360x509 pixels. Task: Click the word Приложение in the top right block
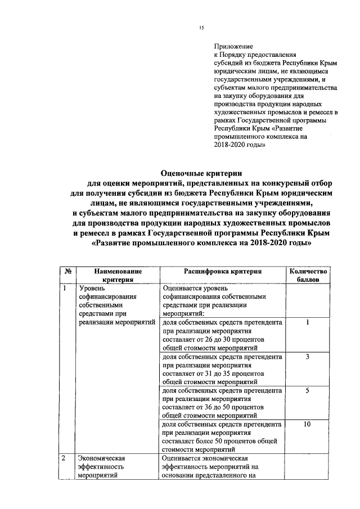tap(234, 46)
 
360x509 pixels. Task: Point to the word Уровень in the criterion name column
tap(92, 290)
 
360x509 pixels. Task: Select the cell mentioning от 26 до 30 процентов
tap(222, 336)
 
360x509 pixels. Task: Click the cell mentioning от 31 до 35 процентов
tap(222, 370)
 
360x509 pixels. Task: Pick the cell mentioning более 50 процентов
tap(222, 437)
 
